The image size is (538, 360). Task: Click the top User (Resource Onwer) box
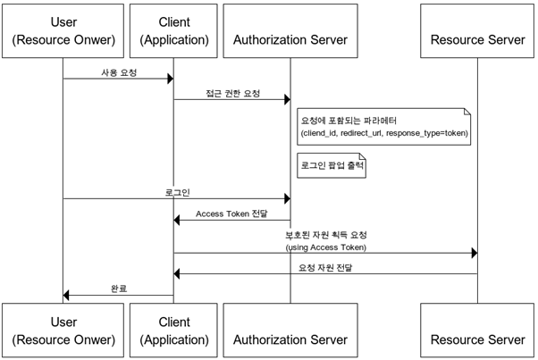coord(63,29)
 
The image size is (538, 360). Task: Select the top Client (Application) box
coord(173,29)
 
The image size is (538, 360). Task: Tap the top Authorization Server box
coord(290,29)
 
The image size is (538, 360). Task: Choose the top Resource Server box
coord(477,29)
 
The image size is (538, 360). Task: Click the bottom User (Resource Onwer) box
coord(63,330)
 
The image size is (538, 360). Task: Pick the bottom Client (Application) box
coord(173,330)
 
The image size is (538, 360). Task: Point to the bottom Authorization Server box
coord(290,330)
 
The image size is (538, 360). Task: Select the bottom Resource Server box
coord(477,330)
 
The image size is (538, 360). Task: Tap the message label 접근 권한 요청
coord(231,92)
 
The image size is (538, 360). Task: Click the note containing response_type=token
coord(384,127)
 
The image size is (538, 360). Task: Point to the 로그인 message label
coord(177,191)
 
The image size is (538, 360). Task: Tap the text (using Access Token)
coord(325,247)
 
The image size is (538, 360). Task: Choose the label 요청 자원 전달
coord(325,266)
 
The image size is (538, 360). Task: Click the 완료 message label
coord(118,288)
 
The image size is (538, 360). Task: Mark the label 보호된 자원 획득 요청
coord(325,234)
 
